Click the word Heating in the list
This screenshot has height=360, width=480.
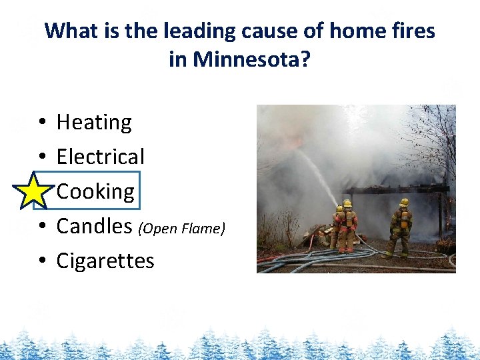click(94, 123)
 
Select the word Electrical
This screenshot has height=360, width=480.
click(100, 157)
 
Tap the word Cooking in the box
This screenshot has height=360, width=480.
click(95, 192)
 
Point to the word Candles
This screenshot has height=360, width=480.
click(94, 227)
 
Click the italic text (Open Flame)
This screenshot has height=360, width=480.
click(181, 229)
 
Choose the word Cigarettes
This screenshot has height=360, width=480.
click(105, 261)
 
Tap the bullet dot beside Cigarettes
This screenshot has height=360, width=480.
click(41, 261)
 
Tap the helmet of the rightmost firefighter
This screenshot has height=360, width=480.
click(404, 202)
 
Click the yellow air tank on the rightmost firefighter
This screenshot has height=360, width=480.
click(404, 220)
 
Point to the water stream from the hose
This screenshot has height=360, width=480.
click(319, 175)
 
